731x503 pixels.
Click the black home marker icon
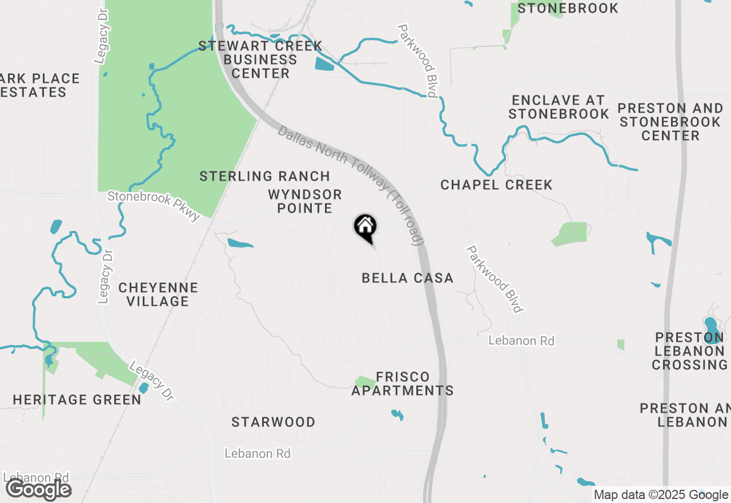pos(365,227)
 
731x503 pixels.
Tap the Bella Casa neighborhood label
pos(408,278)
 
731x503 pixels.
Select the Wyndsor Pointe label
pos(304,201)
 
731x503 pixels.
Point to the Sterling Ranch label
pos(264,176)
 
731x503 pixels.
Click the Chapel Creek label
pos(496,185)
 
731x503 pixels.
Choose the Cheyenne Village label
pos(158,294)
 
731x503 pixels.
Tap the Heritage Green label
pos(77,400)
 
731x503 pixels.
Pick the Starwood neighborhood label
pos(273,422)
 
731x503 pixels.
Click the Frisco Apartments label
pos(403,384)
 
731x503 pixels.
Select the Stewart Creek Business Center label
pos(260,59)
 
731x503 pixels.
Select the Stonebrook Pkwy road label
pos(154,205)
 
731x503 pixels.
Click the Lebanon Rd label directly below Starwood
pos(258,454)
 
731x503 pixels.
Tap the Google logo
pos(38,490)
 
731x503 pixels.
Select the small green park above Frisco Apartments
pos(365,382)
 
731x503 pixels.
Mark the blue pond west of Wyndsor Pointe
pos(240,244)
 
